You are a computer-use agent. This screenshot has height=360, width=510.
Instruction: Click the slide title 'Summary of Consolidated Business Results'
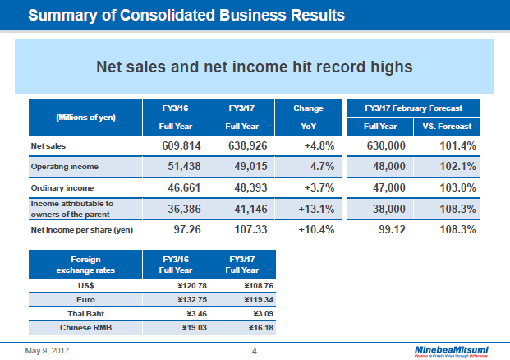point(186,15)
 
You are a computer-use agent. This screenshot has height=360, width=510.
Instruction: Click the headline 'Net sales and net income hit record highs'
point(254,66)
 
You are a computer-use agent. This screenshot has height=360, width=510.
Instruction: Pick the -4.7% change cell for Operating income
point(316,167)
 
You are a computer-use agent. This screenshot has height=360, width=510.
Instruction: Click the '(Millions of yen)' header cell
point(85,117)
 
